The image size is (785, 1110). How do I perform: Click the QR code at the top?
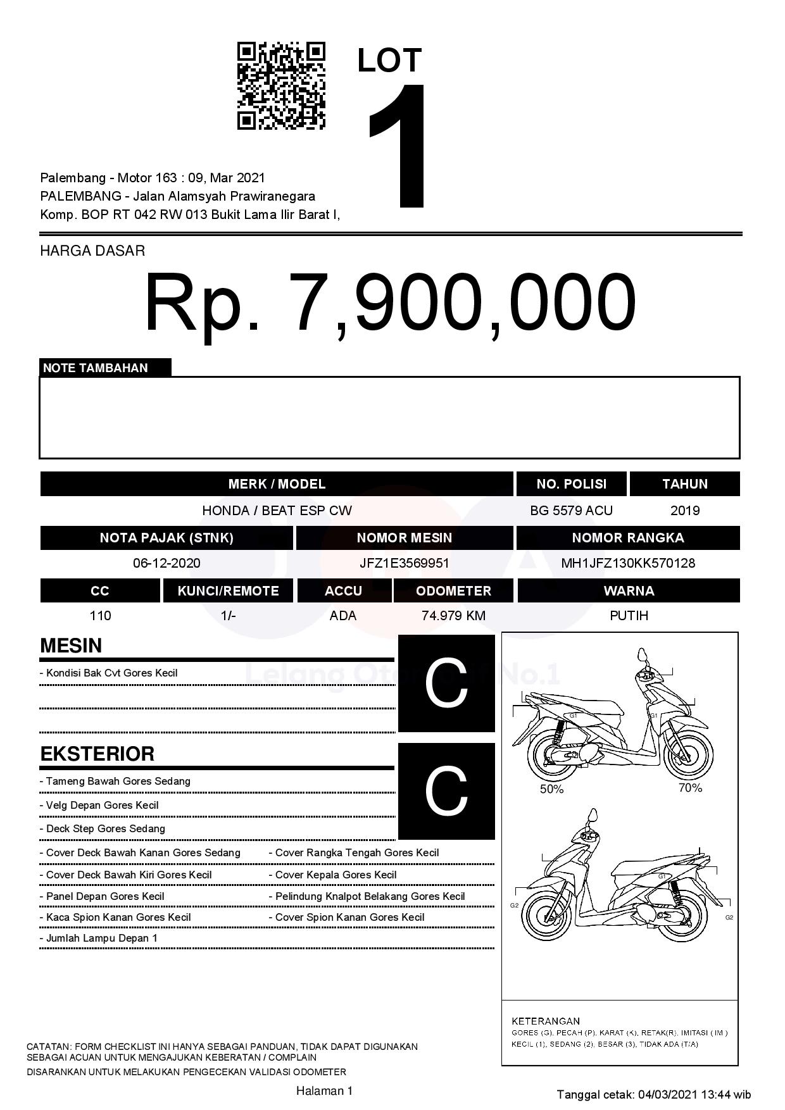pos(281,86)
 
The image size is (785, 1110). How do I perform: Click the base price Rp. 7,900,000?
pos(390,302)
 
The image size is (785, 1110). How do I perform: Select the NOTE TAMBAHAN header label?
pos(96,368)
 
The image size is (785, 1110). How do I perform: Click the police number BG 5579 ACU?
pos(571,511)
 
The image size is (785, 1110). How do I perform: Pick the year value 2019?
pos(684,511)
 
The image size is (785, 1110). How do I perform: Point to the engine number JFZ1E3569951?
pos(404,563)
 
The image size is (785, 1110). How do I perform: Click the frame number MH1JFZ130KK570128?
pos(628,563)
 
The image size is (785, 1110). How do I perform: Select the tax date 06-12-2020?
pos(166,563)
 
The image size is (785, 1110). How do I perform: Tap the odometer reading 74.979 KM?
pos(453,616)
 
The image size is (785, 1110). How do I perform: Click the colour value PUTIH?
pos(629,616)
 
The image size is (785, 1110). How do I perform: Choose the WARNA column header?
pos(629,590)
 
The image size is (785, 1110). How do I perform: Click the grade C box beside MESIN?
pos(446,683)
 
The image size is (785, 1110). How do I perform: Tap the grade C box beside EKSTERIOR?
pos(446,791)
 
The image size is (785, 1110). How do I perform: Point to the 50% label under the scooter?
pos(551,789)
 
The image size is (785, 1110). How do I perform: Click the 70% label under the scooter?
pos(690,788)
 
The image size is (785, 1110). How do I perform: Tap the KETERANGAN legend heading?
pos(546,1021)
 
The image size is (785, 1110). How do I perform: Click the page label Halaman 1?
pos(324,1090)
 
